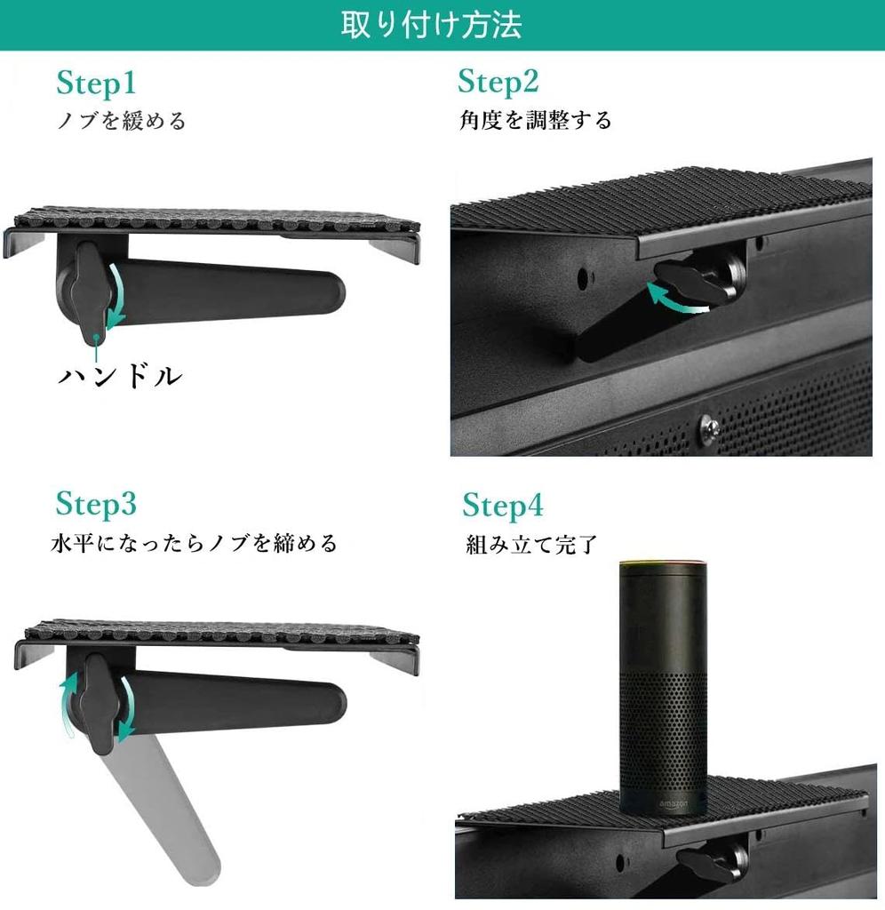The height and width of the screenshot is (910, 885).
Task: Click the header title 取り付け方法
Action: tap(432, 25)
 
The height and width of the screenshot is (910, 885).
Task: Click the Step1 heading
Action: tap(96, 84)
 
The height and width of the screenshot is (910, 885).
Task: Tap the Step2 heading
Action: tap(498, 82)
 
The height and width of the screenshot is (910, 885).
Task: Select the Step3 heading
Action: tap(96, 504)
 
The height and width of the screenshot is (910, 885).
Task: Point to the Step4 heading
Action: tap(502, 507)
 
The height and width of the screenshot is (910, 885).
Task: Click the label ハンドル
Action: tap(120, 376)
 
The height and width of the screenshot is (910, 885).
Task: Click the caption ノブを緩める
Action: tap(122, 121)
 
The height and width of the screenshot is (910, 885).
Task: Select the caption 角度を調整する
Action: tap(536, 120)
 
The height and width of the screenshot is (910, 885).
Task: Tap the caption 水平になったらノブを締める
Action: tap(194, 543)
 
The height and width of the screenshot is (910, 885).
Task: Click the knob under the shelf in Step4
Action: tap(710, 859)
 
